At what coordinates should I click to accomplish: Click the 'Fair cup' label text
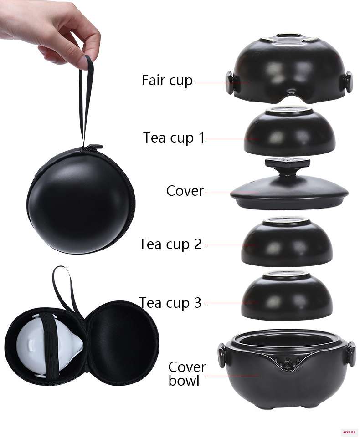point(167,81)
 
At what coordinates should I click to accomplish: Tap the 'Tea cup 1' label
point(174,138)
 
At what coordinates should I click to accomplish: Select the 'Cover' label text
point(185,191)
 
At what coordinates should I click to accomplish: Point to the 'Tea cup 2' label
point(170,244)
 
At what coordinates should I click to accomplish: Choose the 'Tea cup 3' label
point(170,302)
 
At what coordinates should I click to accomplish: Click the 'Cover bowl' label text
point(187,374)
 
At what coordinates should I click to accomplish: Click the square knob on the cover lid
point(288,163)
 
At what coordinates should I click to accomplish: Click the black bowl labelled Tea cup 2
point(287,241)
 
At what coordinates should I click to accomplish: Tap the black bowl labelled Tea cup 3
point(287,295)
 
